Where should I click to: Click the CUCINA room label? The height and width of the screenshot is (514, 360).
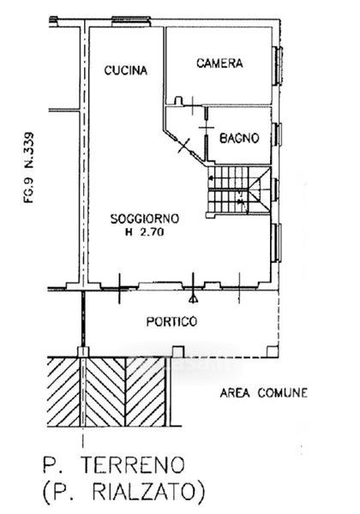126,70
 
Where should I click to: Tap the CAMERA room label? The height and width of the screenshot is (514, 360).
219,63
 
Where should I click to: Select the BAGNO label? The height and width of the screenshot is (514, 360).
239,138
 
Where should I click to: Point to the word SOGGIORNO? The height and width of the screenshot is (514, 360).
145,218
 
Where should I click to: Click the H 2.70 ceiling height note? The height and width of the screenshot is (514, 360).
145,232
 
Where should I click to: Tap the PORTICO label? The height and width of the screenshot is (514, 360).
171,321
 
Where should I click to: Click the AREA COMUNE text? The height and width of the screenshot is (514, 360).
264,392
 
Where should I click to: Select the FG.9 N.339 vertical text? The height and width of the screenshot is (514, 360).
29,168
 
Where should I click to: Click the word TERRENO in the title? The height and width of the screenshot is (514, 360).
133,464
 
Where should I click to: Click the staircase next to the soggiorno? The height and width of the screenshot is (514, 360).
238,190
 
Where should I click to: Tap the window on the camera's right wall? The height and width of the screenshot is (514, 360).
278,66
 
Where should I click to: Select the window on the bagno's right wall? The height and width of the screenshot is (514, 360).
277,134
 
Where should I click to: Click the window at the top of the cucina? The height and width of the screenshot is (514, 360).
131,21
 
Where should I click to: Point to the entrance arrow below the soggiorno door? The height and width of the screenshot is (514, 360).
194,298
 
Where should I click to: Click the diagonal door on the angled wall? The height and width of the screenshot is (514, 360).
183,146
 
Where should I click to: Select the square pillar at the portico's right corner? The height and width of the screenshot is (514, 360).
273,351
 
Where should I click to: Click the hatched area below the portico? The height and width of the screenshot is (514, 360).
106,391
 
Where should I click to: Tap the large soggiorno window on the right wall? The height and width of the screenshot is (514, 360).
276,242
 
